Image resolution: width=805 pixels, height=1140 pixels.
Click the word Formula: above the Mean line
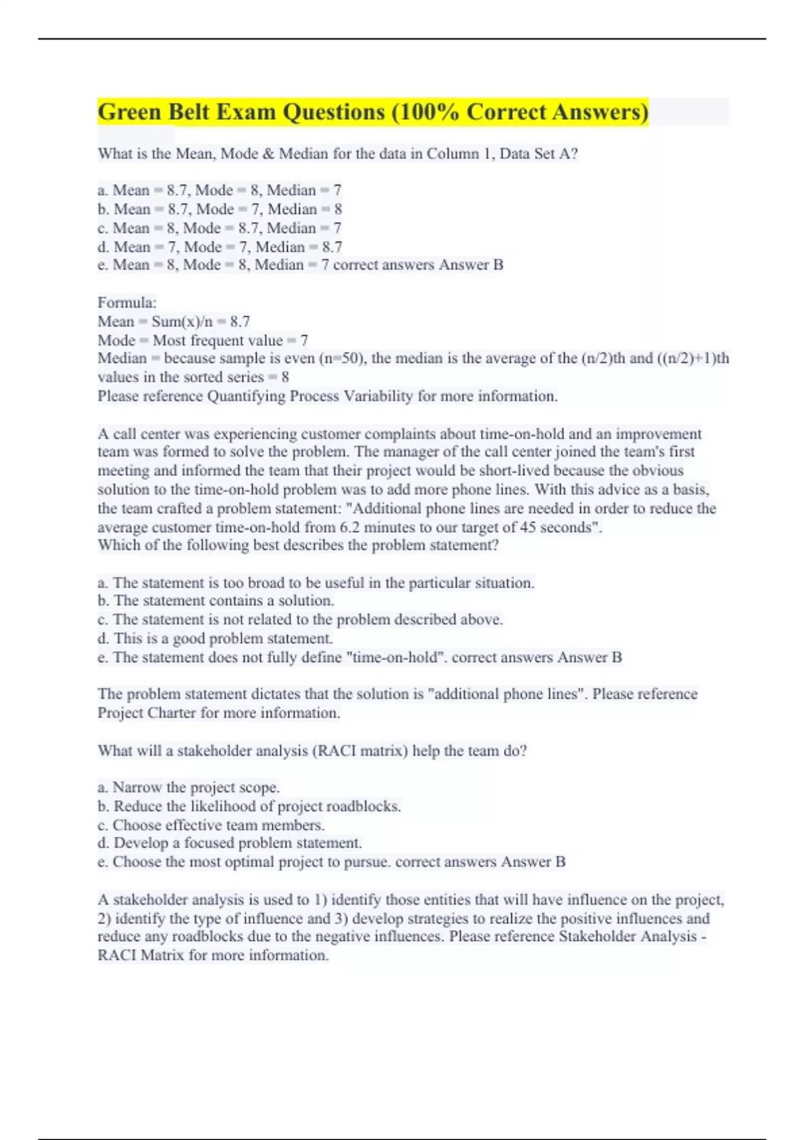pyautogui.click(x=127, y=302)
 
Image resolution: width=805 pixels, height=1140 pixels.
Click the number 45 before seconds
pyautogui.click(x=528, y=527)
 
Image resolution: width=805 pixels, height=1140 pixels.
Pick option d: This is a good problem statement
pyautogui.click(x=222, y=638)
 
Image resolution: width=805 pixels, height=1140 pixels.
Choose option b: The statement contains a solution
pyautogui.click(x=223, y=601)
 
